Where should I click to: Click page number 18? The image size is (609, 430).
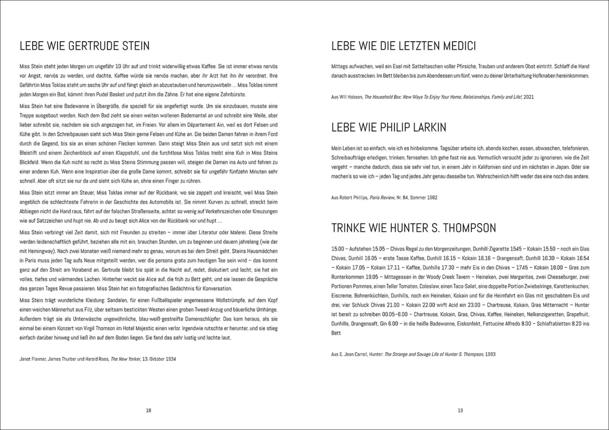[149, 410]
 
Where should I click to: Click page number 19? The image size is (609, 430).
[460, 410]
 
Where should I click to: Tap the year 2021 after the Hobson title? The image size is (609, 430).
[528, 97]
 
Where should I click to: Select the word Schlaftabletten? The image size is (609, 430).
[553, 324]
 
